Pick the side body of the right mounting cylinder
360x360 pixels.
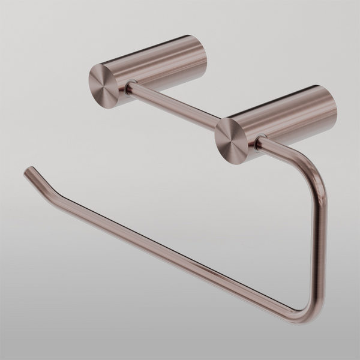point(288,114)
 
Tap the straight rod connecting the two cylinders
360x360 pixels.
point(174,105)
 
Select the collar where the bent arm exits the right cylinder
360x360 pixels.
point(259,142)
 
